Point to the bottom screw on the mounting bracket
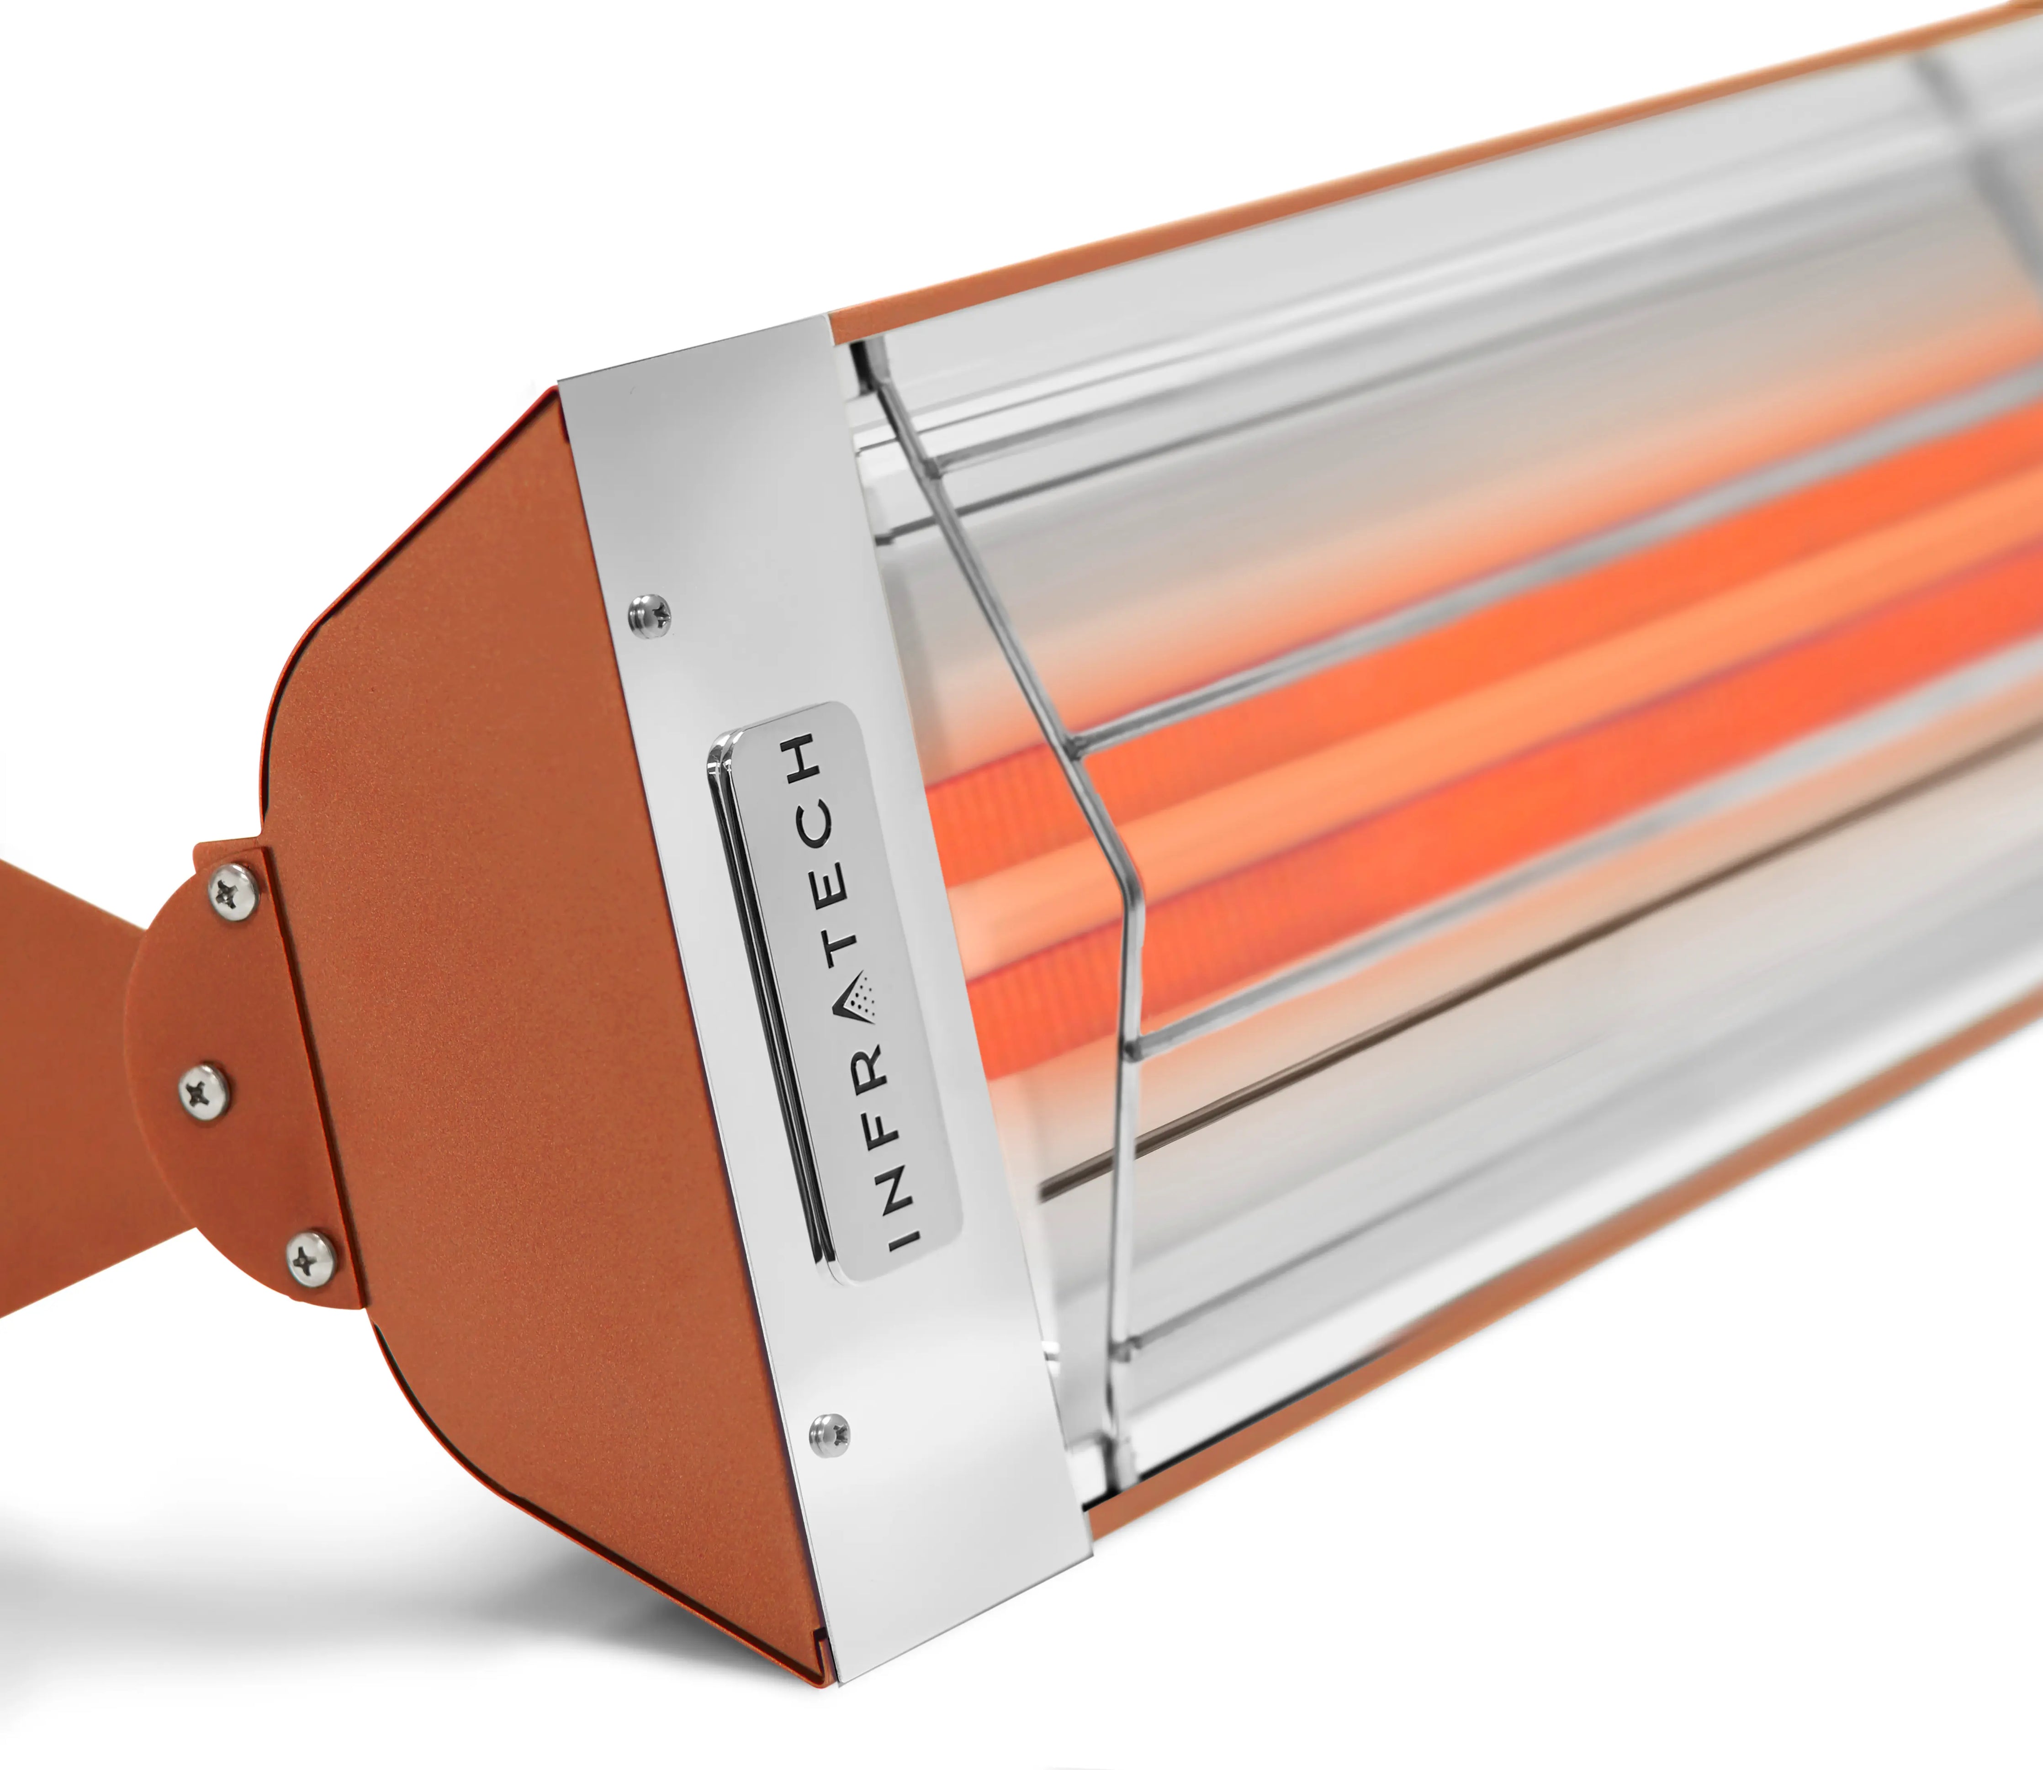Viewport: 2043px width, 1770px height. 311,1258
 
